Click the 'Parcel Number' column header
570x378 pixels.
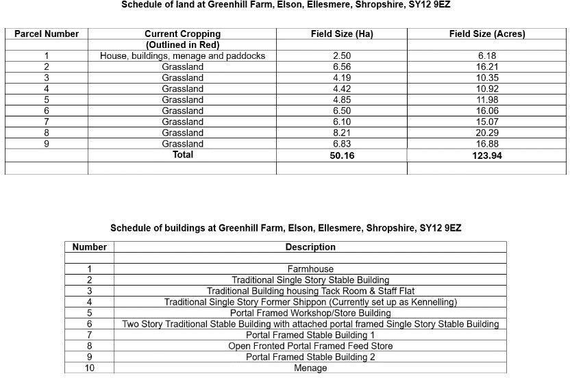(47, 34)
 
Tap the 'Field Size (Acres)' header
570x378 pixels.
(487, 34)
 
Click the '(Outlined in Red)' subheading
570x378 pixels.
(182, 45)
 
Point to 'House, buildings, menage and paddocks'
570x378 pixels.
(182, 55)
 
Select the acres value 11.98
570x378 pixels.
(487, 99)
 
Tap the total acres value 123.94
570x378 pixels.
(487, 155)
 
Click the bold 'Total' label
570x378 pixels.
(182, 155)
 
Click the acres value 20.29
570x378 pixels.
(487, 132)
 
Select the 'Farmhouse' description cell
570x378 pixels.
(310, 269)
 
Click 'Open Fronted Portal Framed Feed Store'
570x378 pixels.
(310, 346)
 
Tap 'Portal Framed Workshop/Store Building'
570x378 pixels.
(310, 313)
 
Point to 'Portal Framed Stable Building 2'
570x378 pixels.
(310, 357)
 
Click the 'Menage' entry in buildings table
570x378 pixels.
(310, 368)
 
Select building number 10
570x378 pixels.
(90, 368)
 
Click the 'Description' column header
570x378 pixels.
(310, 247)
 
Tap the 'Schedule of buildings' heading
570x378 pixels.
(286, 227)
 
